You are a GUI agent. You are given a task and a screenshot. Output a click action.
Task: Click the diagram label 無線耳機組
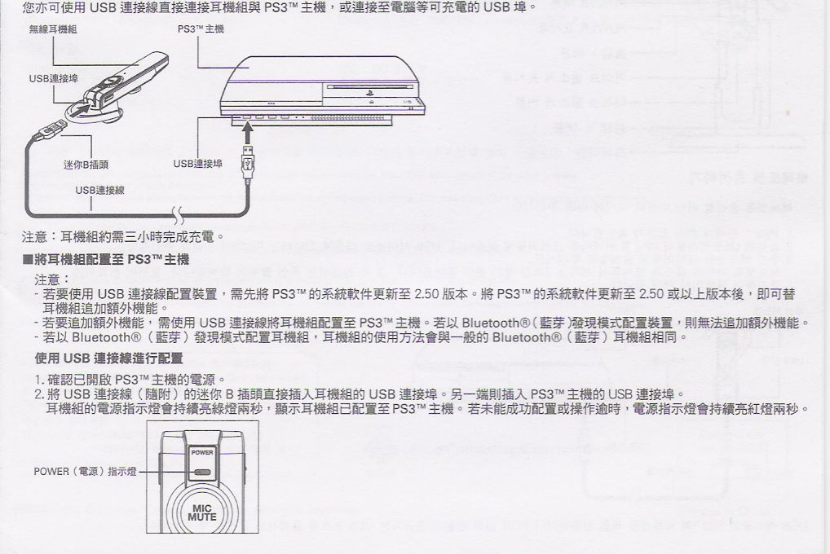coord(52,29)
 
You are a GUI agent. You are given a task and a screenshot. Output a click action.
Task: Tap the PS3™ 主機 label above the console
coord(201,29)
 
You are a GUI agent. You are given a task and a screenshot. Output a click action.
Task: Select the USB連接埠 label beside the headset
coord(54,78)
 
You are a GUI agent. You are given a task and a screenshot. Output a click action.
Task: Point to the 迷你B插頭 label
coord(86,163)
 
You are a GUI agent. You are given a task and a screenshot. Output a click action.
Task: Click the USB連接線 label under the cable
coord(100,190)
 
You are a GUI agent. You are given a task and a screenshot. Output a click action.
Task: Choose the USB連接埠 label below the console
coord(198,163)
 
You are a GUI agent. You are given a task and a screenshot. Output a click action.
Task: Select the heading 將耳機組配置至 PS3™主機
coord(107,260)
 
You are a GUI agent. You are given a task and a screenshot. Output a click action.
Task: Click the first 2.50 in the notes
coord(428,293)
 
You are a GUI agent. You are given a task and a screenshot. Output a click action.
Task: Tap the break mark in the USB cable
coord(178,216)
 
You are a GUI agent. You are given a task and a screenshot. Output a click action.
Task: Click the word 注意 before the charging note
coord(34,237)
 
